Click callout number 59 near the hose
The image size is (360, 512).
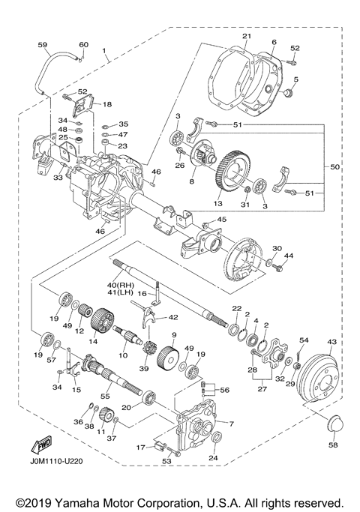42,45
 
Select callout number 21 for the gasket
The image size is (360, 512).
247,36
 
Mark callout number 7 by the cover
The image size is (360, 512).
231,424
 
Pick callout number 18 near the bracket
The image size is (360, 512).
107,104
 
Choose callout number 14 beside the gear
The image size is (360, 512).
93,341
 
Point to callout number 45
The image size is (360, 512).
221,219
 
